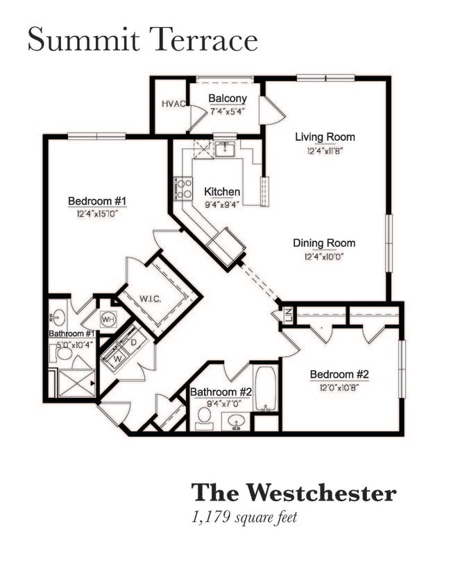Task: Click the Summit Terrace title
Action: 142,40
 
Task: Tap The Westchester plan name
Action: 293,493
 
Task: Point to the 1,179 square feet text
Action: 244,516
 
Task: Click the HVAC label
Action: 173,104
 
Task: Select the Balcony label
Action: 227,98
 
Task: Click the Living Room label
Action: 325,137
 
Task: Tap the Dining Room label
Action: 324,243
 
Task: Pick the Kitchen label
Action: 222,191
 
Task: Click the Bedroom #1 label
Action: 98,201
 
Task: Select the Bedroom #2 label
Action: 339,374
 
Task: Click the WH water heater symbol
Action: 108,320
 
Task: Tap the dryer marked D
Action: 134,342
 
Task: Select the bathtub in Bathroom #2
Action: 265,389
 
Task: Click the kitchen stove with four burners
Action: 184,188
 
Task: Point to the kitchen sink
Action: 224,148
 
